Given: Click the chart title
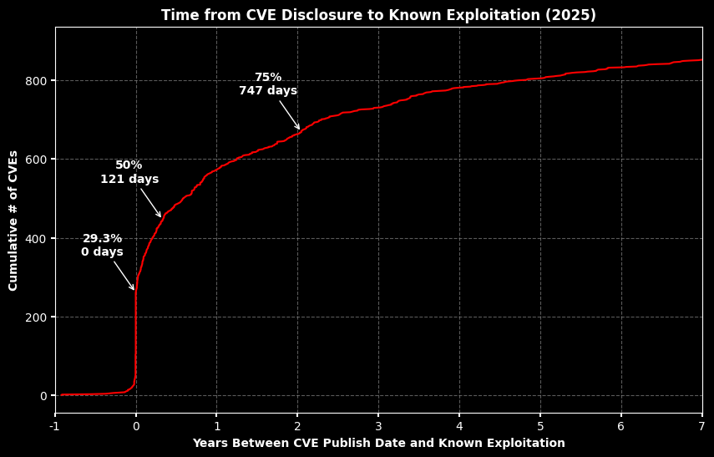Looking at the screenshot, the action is pos(378,15).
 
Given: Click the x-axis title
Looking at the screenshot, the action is pos(378,443).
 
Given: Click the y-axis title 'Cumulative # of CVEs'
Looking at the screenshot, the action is pos(13,221).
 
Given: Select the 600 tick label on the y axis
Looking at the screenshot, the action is pos(37,160).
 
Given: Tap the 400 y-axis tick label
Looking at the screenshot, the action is pos(37,238).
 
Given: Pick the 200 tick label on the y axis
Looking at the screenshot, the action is pos(37,317).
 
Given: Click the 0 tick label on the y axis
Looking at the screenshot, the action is pos(43,396).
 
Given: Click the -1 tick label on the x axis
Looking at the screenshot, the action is pos(55,426).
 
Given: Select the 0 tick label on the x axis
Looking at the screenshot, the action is pos(136,426).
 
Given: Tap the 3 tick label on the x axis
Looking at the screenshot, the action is pos(378,426).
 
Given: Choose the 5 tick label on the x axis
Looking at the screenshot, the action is pos(540,426).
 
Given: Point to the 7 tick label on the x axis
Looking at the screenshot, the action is pos(702,426).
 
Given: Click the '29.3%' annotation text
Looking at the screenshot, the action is pos(103,239).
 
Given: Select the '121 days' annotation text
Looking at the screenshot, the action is pos(129,179).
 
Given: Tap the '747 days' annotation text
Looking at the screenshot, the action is pos(268,91).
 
